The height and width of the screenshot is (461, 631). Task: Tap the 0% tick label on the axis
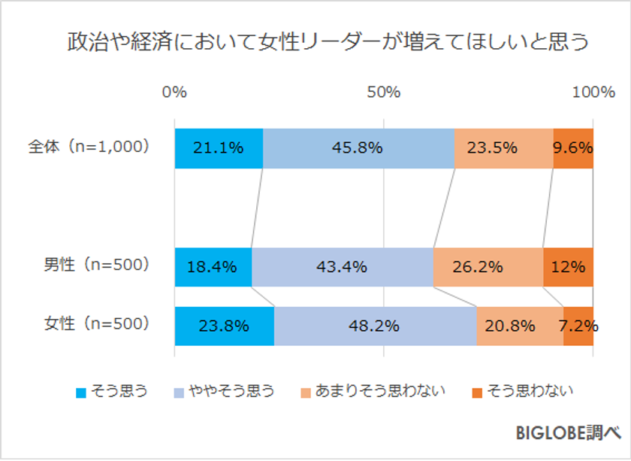point(174,93)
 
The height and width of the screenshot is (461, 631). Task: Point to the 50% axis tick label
point(383,93)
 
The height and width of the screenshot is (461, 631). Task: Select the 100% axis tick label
point(593,93)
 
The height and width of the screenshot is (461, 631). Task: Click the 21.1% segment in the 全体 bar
point(219,148)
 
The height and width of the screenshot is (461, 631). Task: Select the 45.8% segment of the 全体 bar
point(358,148)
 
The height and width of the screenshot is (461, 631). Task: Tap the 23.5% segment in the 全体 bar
point(503,148)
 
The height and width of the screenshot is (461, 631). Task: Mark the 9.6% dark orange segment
point(573,148)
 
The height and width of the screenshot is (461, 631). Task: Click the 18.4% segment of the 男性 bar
point(213,266)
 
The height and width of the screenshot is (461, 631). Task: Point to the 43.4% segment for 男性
point(342,266)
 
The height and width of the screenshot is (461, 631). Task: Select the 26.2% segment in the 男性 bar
point(488,266)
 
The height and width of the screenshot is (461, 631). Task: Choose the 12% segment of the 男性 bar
point(568,266)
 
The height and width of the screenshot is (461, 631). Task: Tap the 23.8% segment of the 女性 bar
point(224,326)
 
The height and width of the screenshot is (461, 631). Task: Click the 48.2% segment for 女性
point(375,326)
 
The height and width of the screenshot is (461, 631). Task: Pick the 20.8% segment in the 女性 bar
point(520,326)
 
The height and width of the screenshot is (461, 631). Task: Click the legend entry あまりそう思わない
point(373,390)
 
